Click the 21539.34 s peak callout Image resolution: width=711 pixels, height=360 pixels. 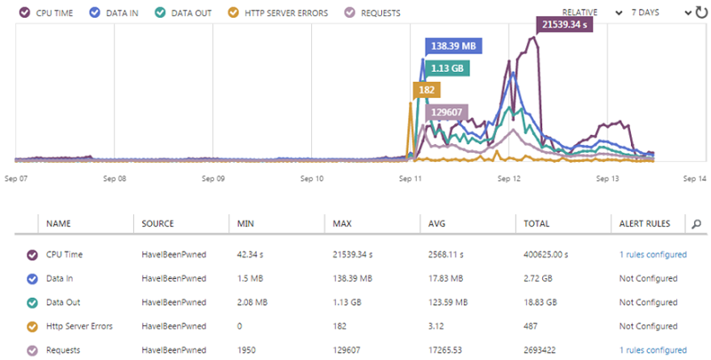(564, 25)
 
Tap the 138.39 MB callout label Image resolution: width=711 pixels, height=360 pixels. (451, 46)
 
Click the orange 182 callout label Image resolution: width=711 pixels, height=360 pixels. (426, 91)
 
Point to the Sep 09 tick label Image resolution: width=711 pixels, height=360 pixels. (212, 179)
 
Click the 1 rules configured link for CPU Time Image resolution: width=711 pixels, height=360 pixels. (652, 254)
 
